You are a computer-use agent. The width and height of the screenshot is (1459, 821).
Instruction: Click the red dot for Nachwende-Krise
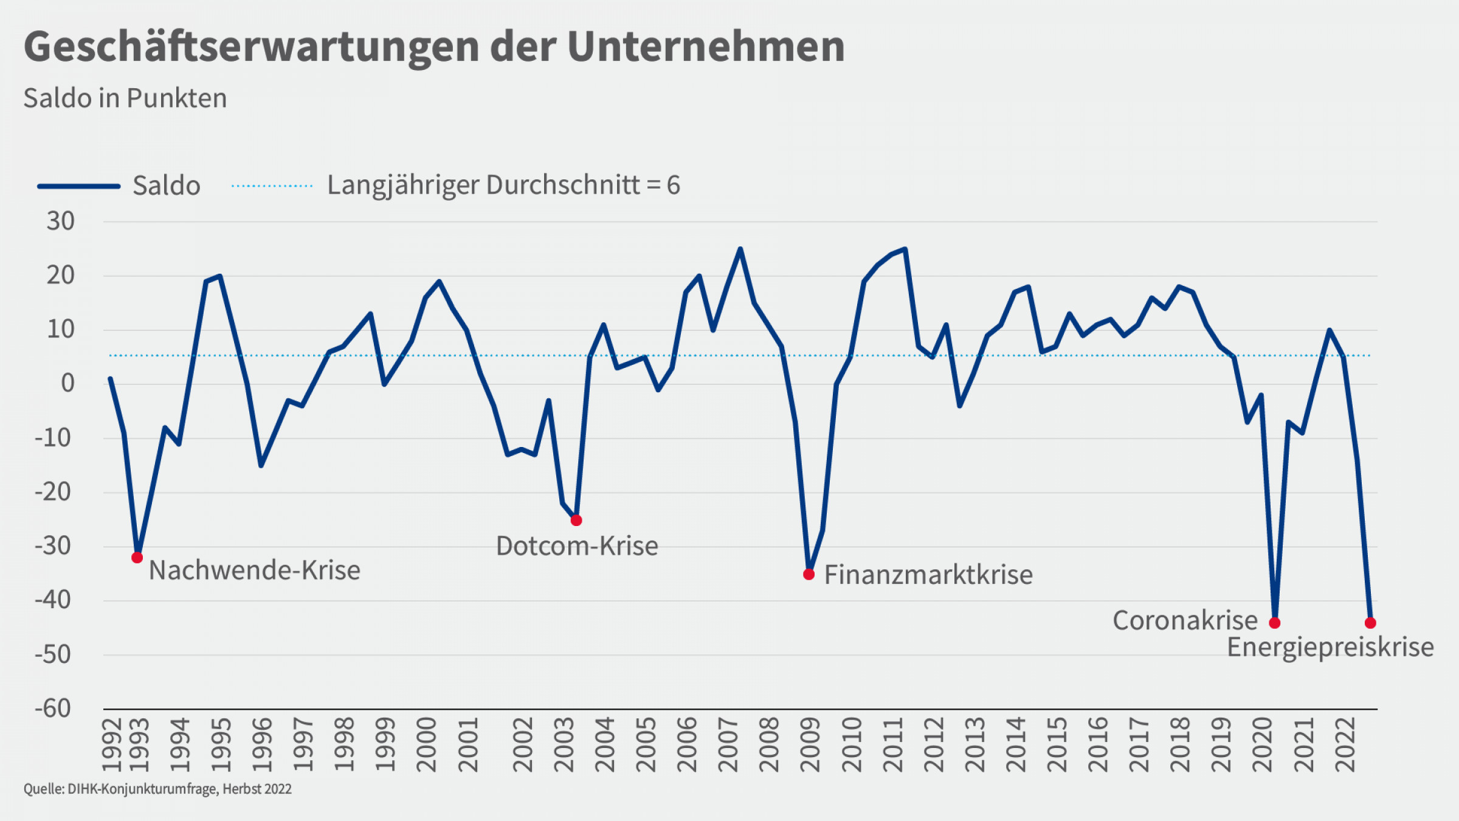coord(137,558)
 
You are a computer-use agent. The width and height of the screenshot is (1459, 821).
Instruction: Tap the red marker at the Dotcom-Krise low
coord(576,521)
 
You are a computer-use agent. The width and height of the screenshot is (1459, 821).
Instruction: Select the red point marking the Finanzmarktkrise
coord(809,574)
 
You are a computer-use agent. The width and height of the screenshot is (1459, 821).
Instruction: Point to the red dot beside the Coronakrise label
coord(1275,623)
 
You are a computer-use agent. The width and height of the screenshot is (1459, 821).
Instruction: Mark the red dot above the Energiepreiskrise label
coord(1370,623)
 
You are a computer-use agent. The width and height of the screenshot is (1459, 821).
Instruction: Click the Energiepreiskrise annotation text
coord(1330,647)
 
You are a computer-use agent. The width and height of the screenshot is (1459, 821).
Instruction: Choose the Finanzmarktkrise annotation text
coord(928,575)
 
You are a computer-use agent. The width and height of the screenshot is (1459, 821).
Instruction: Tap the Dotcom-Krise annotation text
coord(577,546)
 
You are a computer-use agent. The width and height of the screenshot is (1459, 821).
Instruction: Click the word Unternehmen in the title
coord(706,46)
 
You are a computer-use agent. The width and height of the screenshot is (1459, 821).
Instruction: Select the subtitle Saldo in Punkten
coord(125,98)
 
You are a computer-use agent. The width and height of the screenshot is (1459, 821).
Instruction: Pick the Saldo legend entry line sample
coord(79,186)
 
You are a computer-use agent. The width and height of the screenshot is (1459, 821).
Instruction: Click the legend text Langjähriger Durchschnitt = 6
coord(503,185)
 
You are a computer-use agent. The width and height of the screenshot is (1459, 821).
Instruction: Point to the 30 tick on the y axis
coord(61,221)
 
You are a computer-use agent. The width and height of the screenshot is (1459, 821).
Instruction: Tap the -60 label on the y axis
coord(53,708)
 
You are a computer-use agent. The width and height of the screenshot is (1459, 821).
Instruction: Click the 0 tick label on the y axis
coord(67,383)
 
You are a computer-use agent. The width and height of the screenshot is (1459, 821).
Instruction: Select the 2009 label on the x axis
coord(810,745)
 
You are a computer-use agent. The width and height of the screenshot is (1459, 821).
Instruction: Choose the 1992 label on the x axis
coord(111,745)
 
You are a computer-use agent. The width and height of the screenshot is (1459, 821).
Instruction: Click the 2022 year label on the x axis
coord(1345,745)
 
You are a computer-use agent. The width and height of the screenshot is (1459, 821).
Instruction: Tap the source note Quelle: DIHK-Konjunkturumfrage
coord(157,789)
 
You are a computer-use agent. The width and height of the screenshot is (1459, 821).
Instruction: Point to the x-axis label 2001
coord(468,745)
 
